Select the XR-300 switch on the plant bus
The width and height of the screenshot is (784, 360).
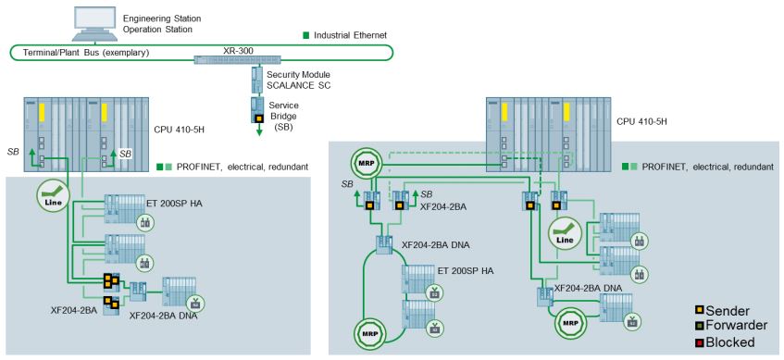[228, 60]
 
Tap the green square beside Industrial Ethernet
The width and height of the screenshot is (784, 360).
[306, 35]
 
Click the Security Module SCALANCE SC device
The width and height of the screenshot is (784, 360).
[257, 80]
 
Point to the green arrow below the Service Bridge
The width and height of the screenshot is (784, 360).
[260, 130]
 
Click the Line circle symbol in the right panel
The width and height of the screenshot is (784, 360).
[566, 234]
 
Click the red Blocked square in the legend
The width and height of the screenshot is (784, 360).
[700, 342]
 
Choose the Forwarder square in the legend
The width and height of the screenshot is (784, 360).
[700, 326]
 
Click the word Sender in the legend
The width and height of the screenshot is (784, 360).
[725, 311]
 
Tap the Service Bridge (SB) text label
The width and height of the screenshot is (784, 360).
[283, 116]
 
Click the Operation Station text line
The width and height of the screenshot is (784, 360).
[157, 30]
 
